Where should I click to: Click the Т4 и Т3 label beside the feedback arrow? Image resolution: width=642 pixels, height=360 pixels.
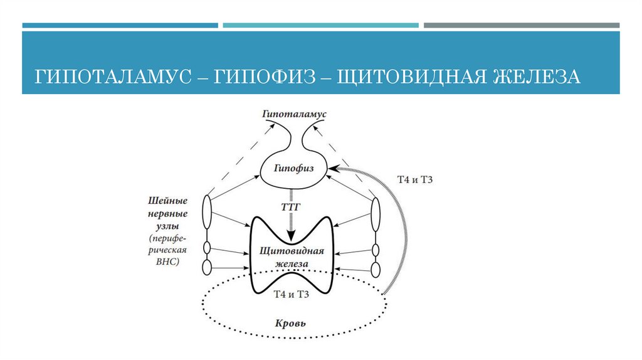pyautogui.click(x=416, y=180)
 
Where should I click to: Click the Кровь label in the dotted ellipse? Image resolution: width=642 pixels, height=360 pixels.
pyautogui.click(x=291, y=324)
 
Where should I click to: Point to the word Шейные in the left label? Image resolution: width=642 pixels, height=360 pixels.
pyautogui.click(x=167, y=201)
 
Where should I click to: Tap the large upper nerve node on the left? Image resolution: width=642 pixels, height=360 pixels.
pyautogui.click(x=208, y=213)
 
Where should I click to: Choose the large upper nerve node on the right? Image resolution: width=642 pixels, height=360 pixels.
pyautogui.click(x=376, y=215)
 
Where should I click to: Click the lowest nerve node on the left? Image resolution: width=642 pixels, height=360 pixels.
pyautogui.click(x=208, y=268)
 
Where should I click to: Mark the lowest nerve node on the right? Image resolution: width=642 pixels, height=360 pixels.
pyautogui.click(x=376, y=269)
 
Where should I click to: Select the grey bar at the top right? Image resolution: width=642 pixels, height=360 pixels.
pyautogui.click(x=521, y=26)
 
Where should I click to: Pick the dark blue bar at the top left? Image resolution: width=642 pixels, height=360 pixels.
pyautogui.click(x=120, y=26)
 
